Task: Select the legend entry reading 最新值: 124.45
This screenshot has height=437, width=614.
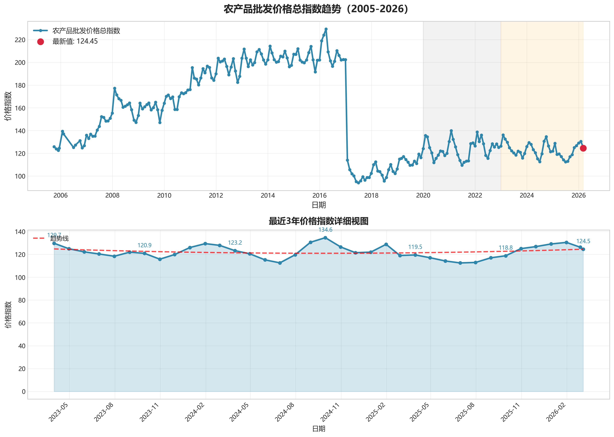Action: [x=75, y=41]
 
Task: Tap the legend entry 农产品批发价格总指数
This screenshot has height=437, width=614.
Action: [x=86, y=31]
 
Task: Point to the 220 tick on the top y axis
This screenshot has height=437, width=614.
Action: [x=20, y=40]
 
